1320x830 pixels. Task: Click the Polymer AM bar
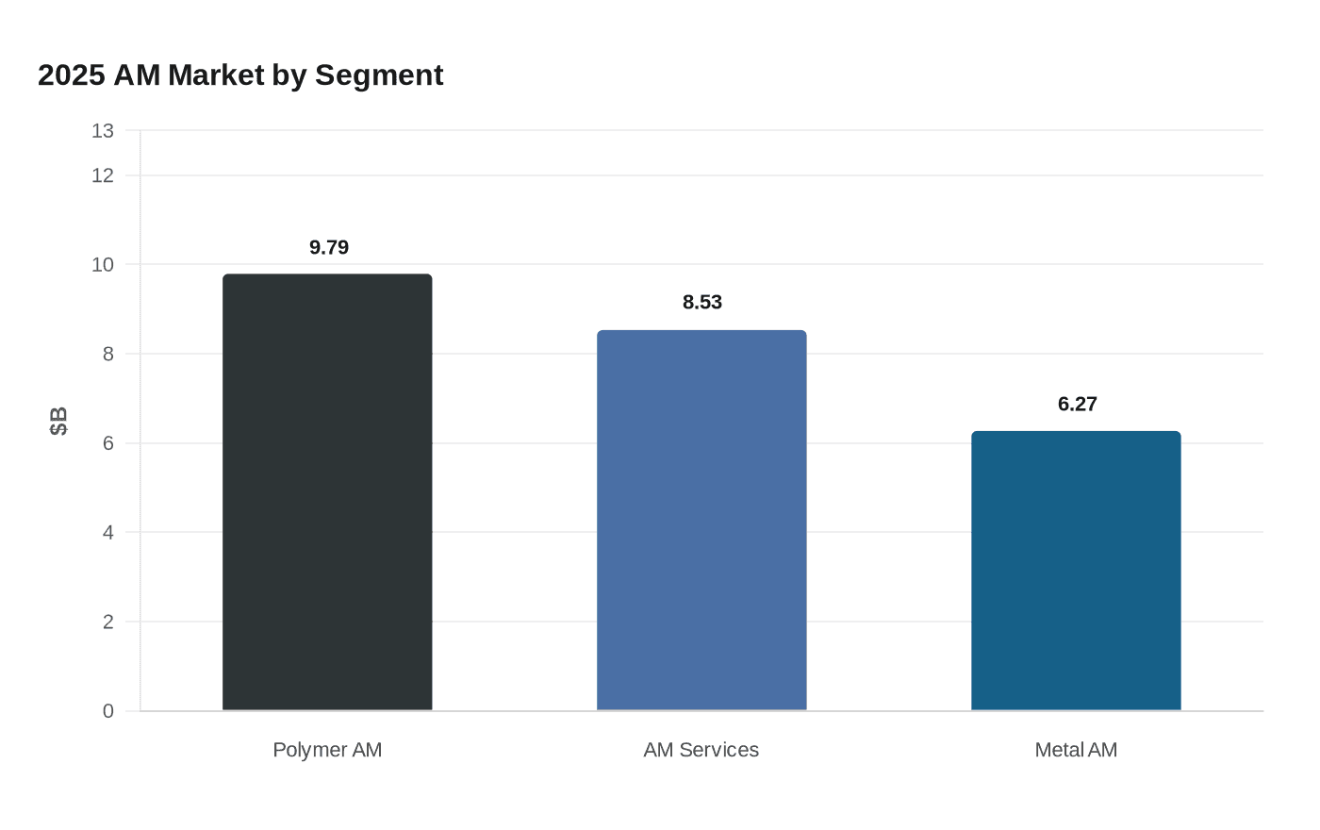coord(327,492)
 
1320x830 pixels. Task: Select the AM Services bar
coord(701,521)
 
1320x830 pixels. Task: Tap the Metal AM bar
coord(1076,571)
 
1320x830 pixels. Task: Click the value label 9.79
coord(329,247)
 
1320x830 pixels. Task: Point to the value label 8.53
coord(702,302)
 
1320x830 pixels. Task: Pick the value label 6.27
coord(1077,404)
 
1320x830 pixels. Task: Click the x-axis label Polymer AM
coord(327,750)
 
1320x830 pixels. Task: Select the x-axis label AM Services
coord(701,750)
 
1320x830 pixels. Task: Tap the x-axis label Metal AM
coord(1076,750)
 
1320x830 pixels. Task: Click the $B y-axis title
coord(58,421)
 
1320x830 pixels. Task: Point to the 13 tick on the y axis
coord(103,131)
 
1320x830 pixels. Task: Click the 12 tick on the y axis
coord(103,175)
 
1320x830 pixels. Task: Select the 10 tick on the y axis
coord(103,265)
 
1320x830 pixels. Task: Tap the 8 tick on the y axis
coord(108,354)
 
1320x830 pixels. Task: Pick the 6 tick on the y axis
coord(108,443)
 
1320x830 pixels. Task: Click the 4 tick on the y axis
coord(108,532)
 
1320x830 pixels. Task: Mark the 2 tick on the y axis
coord(108,622)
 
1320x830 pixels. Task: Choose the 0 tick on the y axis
coord(108,711)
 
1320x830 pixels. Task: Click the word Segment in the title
coord(379,75)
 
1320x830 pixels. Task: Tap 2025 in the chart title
coord(72,75)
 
